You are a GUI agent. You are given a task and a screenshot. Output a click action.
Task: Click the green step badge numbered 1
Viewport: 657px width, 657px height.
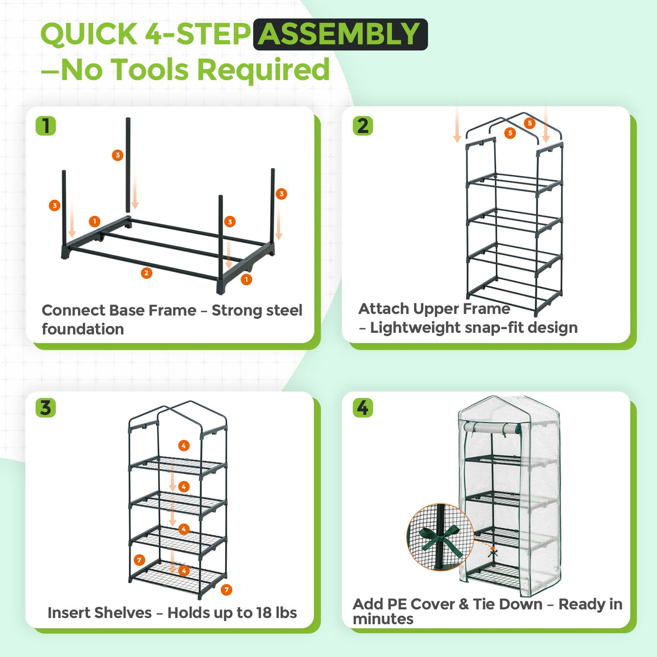pos(46,126)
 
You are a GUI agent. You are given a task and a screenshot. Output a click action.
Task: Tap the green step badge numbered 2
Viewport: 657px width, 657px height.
pos(363,126)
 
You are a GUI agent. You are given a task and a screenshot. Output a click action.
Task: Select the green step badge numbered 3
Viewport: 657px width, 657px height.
pos(46,408)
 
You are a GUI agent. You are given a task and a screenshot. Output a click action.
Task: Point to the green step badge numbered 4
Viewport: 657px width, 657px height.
pos(363,408)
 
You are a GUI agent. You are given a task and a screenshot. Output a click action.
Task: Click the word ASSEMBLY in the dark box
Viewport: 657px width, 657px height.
pos(340,34)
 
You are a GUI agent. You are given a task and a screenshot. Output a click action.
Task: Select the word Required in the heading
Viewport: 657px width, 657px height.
pos(263,70)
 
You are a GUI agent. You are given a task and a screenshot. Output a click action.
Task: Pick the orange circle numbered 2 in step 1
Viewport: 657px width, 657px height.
pos(146,273)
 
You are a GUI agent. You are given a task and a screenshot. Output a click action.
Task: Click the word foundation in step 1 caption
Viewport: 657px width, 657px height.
pos(83,329)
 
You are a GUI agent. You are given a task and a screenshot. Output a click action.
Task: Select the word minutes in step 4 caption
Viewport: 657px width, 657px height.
pos(383,619)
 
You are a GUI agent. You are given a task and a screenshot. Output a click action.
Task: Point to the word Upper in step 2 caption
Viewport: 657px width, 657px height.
pos(435,308)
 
